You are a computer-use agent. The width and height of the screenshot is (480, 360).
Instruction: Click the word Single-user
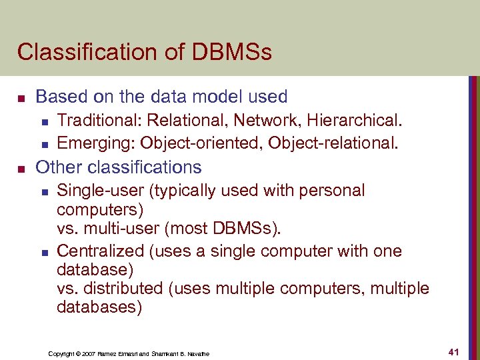[x=100, y=191]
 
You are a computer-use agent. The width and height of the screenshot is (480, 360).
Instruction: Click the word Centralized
[x=100, y=251]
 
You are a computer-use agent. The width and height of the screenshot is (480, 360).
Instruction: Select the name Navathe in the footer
[x=198, y=353]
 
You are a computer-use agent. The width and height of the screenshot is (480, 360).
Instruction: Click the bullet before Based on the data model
[x=21, y=98]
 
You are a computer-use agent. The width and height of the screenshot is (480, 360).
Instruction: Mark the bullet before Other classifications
[x=21, y=167]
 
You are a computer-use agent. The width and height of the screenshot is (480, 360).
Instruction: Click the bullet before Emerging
[x=44, y=143]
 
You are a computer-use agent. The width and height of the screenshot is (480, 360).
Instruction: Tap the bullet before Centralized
[x=44, y=252]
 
